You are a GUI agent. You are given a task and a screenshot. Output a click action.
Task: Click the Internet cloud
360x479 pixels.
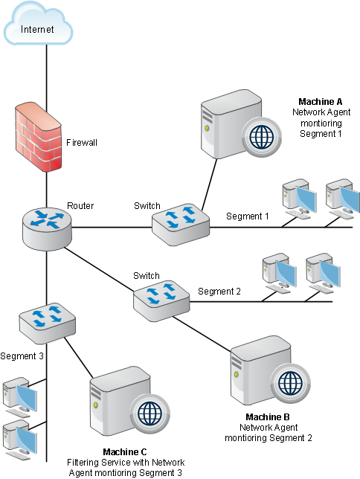click(x=38, y=24)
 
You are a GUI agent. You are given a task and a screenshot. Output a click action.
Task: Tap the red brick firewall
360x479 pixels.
click(x=39, y=137)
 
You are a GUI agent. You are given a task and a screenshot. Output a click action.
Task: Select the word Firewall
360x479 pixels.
click(x=82, y=142)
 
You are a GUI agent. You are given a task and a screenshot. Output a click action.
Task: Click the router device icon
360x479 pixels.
click(x=47, y=228)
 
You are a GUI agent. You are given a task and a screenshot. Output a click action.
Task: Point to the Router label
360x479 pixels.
click(x=80, y=205)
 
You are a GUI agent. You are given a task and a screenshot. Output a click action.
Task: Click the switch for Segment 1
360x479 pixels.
click(x=181, y=224)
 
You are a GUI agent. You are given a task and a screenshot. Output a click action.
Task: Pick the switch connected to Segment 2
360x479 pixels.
click(x=161, y=301)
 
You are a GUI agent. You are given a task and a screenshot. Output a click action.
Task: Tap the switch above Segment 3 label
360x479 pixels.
click(x=48, y=324)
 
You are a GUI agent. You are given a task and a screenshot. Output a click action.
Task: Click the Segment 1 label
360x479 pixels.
click(x=248, y=216)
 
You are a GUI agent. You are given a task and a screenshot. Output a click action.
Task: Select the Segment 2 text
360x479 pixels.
click(x=219, y=291)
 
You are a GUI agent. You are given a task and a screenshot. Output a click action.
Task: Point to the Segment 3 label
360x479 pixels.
click(x=22, y=356)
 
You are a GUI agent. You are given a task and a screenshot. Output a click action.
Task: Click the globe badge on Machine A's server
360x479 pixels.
click(x=261, y=137)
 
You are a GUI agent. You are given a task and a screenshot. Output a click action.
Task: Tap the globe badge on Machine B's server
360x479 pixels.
click(x=291, y=383)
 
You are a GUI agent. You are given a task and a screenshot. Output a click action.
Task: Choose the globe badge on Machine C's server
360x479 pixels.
click(x=150, y=414)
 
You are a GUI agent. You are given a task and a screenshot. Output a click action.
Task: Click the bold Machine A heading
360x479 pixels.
click(x=321, y=101)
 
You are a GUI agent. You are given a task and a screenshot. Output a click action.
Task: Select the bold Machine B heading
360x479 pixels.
click(x=268, y=417)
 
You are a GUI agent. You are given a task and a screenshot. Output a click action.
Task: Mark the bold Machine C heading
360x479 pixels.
click(x=125, y=451)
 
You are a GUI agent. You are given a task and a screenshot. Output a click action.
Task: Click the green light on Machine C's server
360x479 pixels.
click(x=96, y=405)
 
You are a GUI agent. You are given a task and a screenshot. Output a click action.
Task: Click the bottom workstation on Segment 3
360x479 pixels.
click(x=20, y=440)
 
